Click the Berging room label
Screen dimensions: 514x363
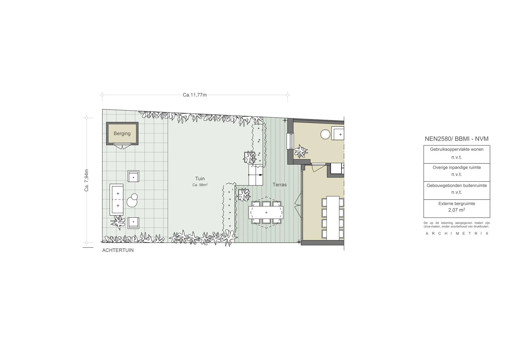click(x=122, y=133)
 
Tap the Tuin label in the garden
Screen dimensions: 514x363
click(x=200, y=178)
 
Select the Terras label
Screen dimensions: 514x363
click(x=280, y=185)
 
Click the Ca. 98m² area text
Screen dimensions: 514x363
click(x=200, y=185)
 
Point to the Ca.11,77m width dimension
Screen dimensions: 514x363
click(x=195, y=95)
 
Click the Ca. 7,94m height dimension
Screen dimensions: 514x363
click(x=87, y=180)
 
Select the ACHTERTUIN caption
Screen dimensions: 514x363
click(x=118, y=250)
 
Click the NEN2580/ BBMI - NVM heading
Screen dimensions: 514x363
click(x=457, y=139)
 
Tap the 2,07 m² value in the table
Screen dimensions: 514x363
click(x=457, y=210)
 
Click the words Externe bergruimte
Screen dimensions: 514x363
click(x=457, y=204)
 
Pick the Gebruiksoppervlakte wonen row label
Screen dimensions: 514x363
click(x=457, y=149)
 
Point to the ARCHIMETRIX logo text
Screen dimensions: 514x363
click(x=457, y=233)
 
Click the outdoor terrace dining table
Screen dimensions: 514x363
click(x=266, y=212)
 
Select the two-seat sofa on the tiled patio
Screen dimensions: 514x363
click(x=116, y=200)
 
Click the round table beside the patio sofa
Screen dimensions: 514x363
click(x=132, y=201)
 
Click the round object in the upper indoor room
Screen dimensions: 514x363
click(x=326, y=134)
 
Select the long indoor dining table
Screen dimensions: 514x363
click(x=333, y=218)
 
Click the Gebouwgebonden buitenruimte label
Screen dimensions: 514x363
click(x=457, y=186)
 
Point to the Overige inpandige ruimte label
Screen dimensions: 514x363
click(x=457, y=167)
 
